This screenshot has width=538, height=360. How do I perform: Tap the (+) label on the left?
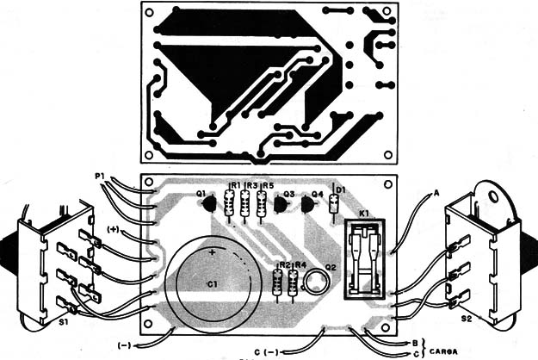tap(113, 229)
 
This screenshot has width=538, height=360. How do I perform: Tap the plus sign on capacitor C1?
tap(211, 252)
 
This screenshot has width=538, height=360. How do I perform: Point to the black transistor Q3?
tap(280, 204)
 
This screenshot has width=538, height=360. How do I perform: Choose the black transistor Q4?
tap(311, 205)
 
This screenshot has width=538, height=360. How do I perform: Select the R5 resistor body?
tap(261, 206)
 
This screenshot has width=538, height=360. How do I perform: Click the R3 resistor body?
tap(245, 206)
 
